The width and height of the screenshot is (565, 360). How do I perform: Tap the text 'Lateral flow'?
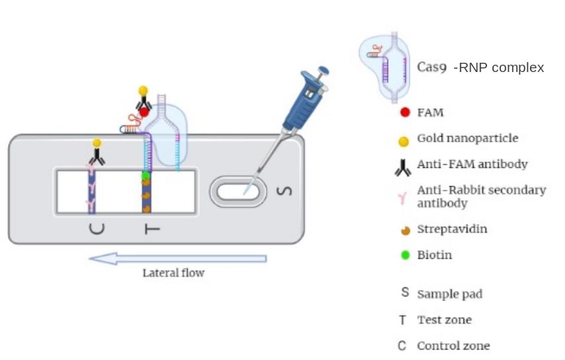tap(174, 273)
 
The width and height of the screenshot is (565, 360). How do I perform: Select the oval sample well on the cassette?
tap(238, 192)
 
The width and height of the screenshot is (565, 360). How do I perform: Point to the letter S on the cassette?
tap(286, 192)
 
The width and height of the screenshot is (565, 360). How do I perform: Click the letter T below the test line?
tap(150, 229)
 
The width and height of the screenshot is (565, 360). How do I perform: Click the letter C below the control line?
tap(96, 229)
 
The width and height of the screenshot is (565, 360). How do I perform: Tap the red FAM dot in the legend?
tap(405, 113)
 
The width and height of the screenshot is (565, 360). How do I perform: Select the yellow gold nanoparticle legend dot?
tap(405, 140)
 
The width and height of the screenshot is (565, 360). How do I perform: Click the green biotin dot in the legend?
tap(405, 255)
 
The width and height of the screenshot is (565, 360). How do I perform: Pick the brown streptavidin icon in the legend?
tap(405, 230)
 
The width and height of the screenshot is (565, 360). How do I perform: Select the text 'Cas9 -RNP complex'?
tap(481, 67)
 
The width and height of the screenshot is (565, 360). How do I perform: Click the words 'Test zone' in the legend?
tap(444, 320)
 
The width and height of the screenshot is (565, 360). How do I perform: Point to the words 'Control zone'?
tap(453, 345)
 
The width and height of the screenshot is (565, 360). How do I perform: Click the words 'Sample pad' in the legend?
tap(449, 294)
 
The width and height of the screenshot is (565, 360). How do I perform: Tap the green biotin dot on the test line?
tap(146, 176)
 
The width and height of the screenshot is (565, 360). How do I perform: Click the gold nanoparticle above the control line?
tap(97, 143)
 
